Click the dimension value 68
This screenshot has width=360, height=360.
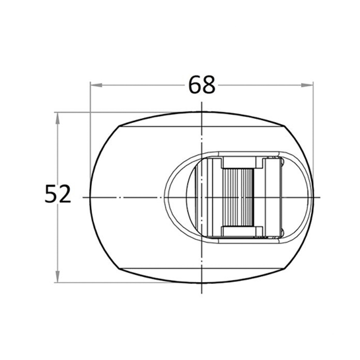[202, 85]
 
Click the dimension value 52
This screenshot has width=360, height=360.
[58, 194]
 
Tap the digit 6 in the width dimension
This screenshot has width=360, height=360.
[195, 85]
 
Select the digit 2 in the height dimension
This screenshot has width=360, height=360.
[65, 194]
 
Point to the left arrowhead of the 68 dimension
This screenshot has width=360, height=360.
[96, 85]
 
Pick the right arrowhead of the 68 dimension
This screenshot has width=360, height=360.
[307, 85]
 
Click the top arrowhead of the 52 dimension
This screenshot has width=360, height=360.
[57, 118]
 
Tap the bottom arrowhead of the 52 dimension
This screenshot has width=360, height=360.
[57, 276]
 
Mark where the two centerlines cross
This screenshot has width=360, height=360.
[201, 197]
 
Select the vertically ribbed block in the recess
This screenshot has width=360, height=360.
[238, 197]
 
